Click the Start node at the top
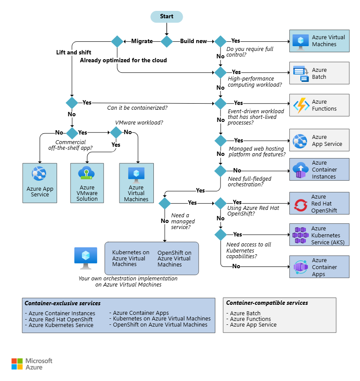pyautogui.click(x=166, y=17)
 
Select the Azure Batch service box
pyautogui.click(x=319, y=73)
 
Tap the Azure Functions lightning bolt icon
pyautogui.click(x=301, y=105)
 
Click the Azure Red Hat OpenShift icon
pyautogui.click(x=300, y=205)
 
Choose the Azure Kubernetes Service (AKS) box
pyautogui.click(x=319, y=235)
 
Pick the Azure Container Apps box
pyautogui.click(x=319, y=266)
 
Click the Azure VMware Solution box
pyautogui.click(x=87, y=183)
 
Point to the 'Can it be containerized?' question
pyautogui.click(x=137, y=108)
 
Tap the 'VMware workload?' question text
pyautogui.click(x=139, y=122)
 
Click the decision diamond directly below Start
pyautogui.click(x=166, y=41)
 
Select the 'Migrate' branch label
pyautogui.click(x=142, y=41)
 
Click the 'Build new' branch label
pyautogui.click(x=194, y=41)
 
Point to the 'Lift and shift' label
pyautogui.click(x=74, y=52)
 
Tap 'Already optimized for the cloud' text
pyautogui.click(x=123, y=60)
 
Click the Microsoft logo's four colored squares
pyautogui.click(x=17, y=364)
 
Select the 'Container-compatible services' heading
pyautogui.click(x=267, y=303)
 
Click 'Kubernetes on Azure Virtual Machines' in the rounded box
pyautogui.click(x=131, y=258)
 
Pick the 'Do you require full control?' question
pyautogui.click(x=250, y=52)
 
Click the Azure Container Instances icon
pyautogui.click(x=301, y=170)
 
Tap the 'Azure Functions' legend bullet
pyautogui.click(x=248, y=319)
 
